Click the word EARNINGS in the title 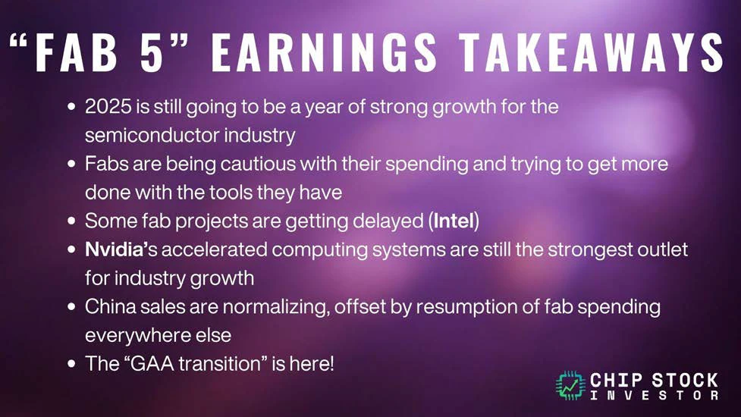click(324, 52)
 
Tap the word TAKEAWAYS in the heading click(591, 52)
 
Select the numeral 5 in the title click(151, 52)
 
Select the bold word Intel click(454, 221)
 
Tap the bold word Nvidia click(114, 249)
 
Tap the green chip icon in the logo click(571, 386)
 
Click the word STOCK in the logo click(685, 380)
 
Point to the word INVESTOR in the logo click(654, 395)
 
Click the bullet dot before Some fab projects click(71, 221)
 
